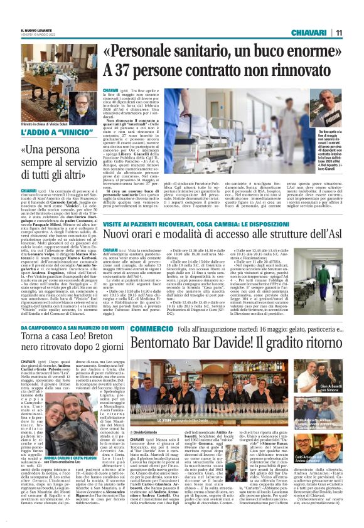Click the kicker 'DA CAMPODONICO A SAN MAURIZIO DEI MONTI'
69,329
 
